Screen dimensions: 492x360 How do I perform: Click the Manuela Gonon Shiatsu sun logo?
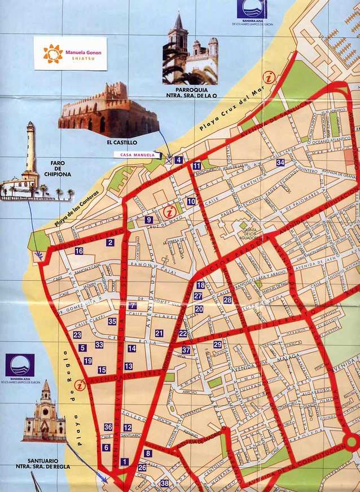pos(52,54)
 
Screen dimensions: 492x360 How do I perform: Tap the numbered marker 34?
pos(280,162)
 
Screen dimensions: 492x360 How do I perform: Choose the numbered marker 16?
pos(79,251)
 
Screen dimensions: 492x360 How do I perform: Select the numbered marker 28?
pos(227,300)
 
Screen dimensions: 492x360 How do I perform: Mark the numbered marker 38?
pos(164,483)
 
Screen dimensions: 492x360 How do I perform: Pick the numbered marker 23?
pos(77,335)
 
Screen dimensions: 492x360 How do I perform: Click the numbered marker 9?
pos(149,220)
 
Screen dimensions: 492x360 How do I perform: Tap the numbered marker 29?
pos(218,344)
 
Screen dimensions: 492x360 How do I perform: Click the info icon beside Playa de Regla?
pos(80,385)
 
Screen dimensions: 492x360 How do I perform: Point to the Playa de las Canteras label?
pos(77,209)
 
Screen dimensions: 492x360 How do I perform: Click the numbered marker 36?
pos(108,427)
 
